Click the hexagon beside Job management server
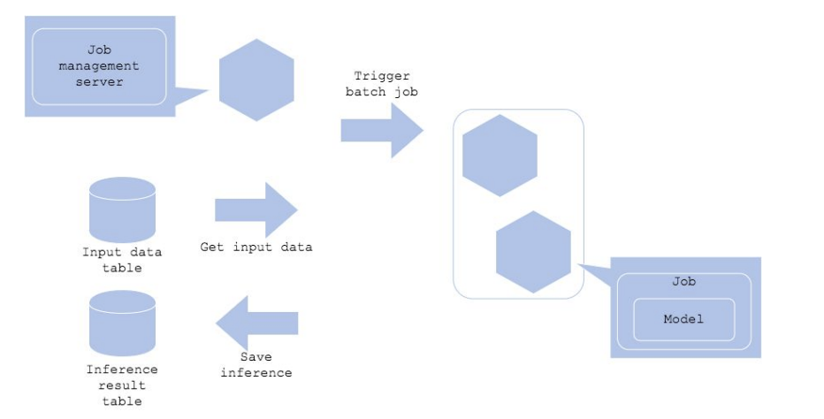pyautogui.click(x=256, y=80)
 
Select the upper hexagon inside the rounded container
pyautogui.click(x=500, y=156)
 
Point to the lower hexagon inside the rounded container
pyautogui.click(x=533, y=252)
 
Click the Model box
pyautogui.click(x=683, y=319)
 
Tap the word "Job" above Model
pyautogui.click(x=683, y=282)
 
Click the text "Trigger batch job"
pyautogui.click(x=382, y=84)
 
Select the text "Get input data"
pyautogui.click(x=256, y=248)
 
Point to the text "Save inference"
pyautogui.click(x=256, y=364)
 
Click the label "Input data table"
pyautogui.click(x=122, y=260)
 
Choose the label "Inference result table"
pyautogui.click(x=122, y=385)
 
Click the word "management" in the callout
pyautogui.click(x=99, y=65)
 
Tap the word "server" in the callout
pyautogui.click(x=99, y=82)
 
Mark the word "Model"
pyautogui.click(x=683, y=319)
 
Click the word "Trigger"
pyautogui.click(x=382, y=76)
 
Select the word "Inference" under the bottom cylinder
pyautogui.click(x=122, y=369)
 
